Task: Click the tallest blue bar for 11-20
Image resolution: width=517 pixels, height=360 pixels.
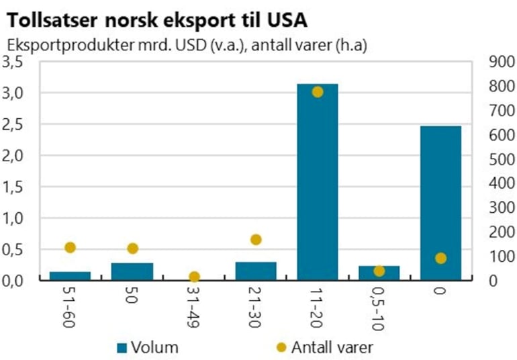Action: [x=318, y=181]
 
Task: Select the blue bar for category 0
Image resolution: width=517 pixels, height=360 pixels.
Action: [x=441, y=202]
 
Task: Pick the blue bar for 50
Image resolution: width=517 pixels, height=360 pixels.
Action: [x=132, y=271]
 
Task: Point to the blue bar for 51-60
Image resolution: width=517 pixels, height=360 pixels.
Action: [x=70, y=275]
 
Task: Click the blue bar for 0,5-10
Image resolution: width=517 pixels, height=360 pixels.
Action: [x=379, y=273]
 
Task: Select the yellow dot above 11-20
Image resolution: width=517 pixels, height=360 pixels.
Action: [x=318, y=92]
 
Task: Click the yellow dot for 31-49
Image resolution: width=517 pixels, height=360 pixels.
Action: [x=194, y=277]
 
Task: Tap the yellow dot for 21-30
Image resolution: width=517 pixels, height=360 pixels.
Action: [x=256, y=240]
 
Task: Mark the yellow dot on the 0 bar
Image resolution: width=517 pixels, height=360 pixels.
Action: [x=441, y=258]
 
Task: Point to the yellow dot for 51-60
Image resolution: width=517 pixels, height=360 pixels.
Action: [x=70, y=248]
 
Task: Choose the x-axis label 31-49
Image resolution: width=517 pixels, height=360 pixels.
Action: [x=194, y=306]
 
